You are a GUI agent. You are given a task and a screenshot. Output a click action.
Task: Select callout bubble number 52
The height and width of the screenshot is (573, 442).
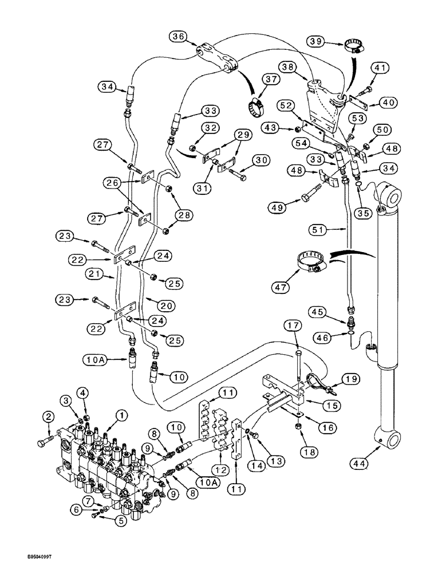point(288,105)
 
